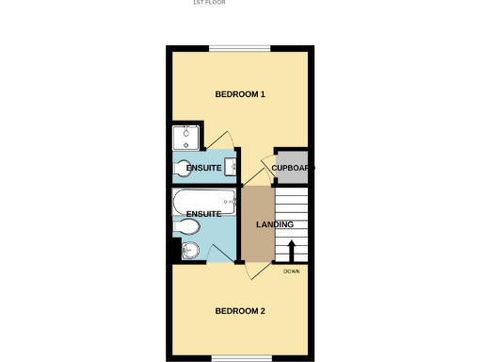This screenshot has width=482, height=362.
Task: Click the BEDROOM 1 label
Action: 240,94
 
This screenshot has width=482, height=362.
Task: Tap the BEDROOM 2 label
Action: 240,311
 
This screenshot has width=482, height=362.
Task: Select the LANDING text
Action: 275,224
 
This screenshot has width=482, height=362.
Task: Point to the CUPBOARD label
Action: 293,168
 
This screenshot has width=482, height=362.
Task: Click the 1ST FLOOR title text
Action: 209,3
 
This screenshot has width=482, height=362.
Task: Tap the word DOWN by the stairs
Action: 291,271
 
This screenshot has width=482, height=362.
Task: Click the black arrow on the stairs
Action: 291,252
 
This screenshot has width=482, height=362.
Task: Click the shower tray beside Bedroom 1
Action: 187,139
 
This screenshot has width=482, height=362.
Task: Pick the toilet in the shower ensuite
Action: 183,170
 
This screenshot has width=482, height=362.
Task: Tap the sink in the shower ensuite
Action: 230,167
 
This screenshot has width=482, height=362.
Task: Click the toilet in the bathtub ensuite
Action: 185,229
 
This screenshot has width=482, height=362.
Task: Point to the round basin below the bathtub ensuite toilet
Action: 190,250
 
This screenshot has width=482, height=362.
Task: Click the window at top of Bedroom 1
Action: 240,49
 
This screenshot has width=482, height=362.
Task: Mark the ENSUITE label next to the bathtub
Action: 203,214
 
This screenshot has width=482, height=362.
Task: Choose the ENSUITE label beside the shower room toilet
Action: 204,168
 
